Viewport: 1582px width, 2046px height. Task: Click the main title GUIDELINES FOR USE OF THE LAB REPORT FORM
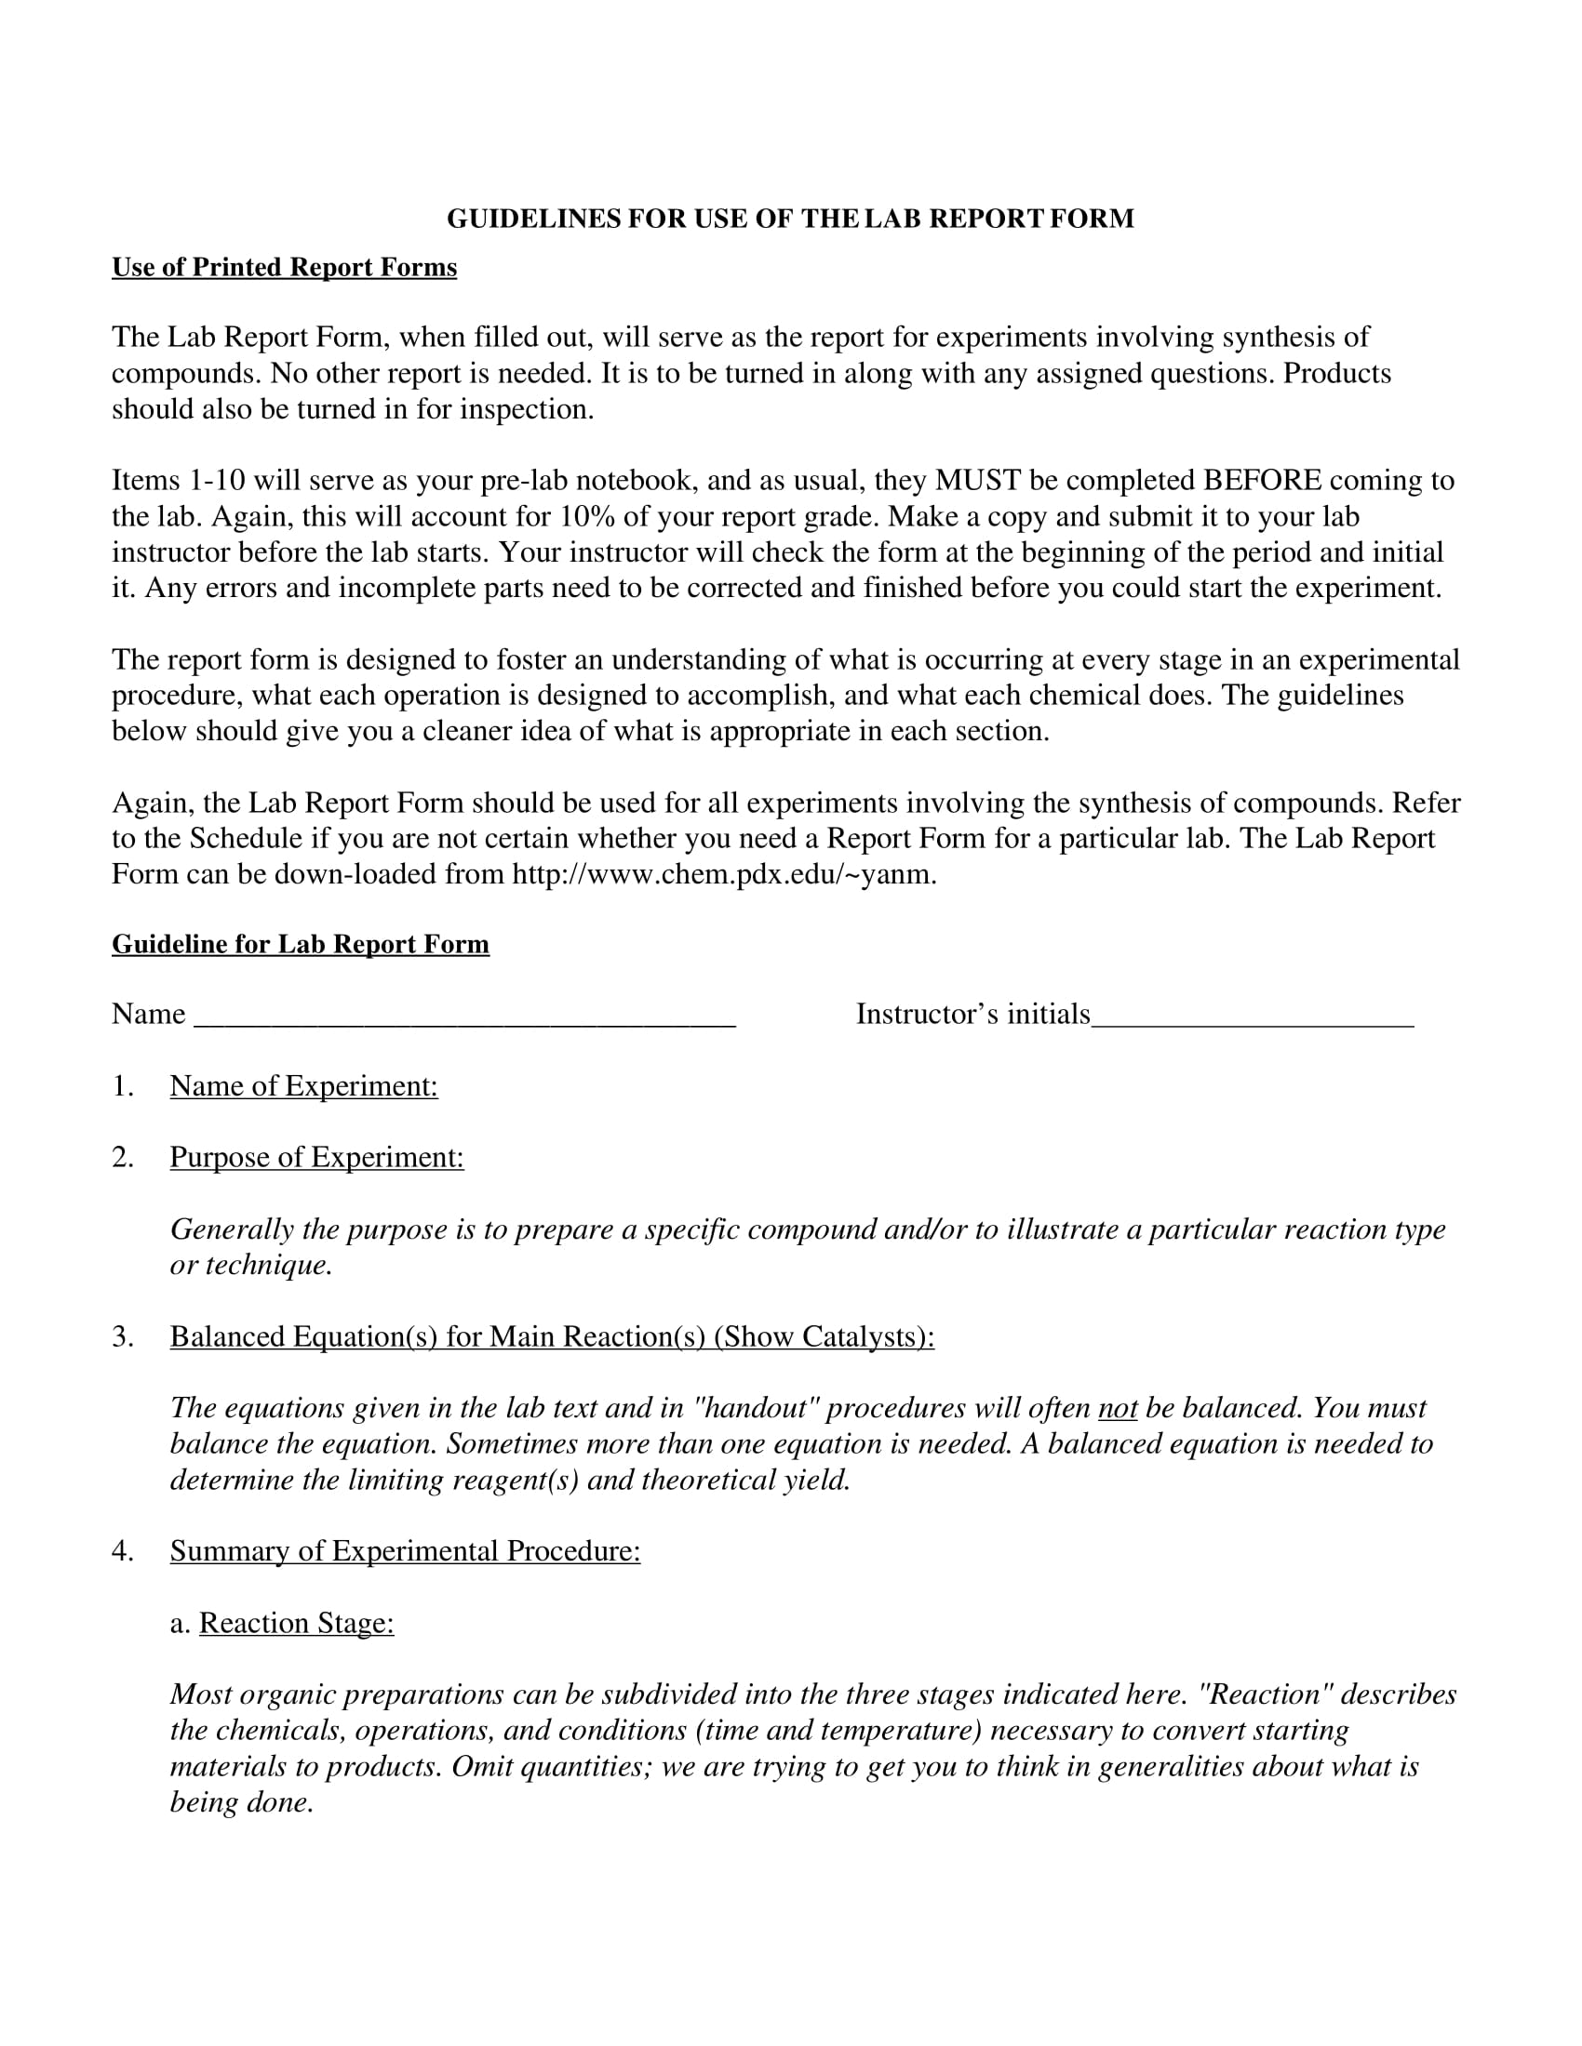pyautogui.click(x=790, y=219)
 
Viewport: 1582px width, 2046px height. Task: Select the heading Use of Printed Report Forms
pyautogui.click(x=284, y=268)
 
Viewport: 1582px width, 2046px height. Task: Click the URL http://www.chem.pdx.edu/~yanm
pyautogui.click(x=722, y=874)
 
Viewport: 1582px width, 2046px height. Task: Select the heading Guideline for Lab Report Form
pyautogui.click(x=300, y=944)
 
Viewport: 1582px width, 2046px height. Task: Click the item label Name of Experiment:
pyautogui.click(x=303, y=1085)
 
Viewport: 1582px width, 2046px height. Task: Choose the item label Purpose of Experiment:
pyautogui.click(x=316, y=1158)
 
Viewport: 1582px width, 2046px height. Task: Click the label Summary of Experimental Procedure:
pyautogui.click(x=405, y=1551)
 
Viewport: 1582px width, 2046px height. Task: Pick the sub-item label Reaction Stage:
pyautogui.click(x=296, y=1624)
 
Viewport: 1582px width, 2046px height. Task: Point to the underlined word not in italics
pyautogui.click(x=1117, y=1409)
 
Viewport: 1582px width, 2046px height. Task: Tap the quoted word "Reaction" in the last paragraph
pyautogui.click(x=1266, y=1694)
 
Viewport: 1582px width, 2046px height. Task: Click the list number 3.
pyautogui.click(x=122, y=1336)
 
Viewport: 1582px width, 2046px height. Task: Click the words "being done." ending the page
pyautogui.click(x=241, y=1803)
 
